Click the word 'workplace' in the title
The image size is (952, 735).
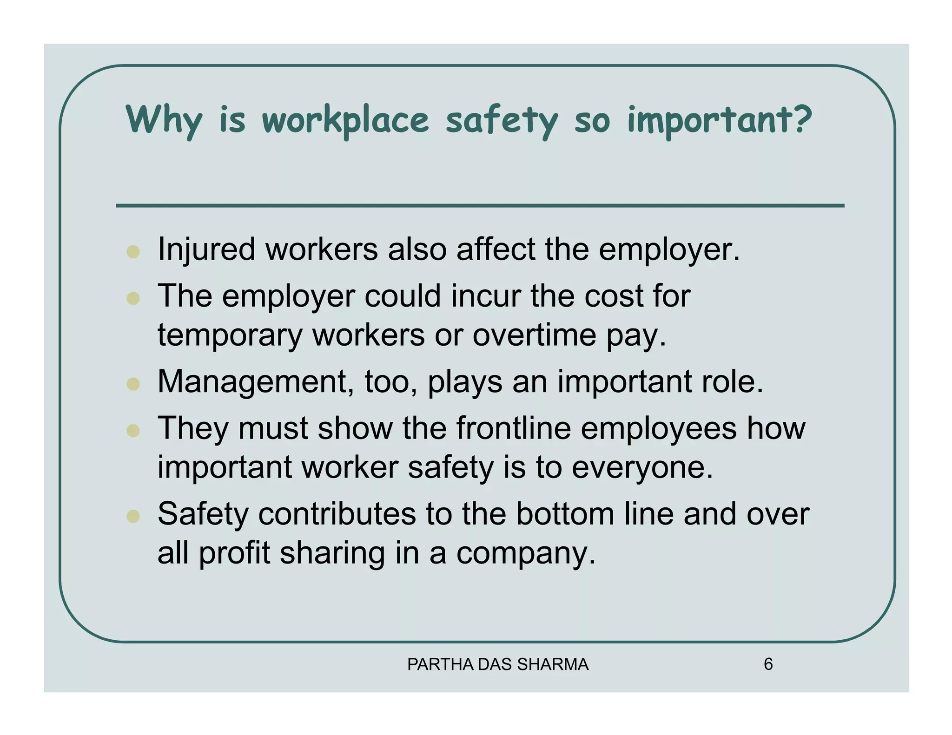point(345,120)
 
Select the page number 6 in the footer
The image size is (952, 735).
point(768,664)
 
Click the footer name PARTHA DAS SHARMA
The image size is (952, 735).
point(498,664)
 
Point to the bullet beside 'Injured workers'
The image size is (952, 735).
point(133,251)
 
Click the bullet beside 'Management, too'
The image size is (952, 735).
point(133,384)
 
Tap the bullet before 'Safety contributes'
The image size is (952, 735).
point(133,516)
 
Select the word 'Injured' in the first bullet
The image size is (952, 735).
point(206,249)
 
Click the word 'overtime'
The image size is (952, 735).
point(534,335)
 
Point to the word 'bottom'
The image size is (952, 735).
point(565,514)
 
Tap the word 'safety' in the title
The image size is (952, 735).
point(501,120)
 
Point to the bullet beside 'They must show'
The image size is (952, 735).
point(133,430)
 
